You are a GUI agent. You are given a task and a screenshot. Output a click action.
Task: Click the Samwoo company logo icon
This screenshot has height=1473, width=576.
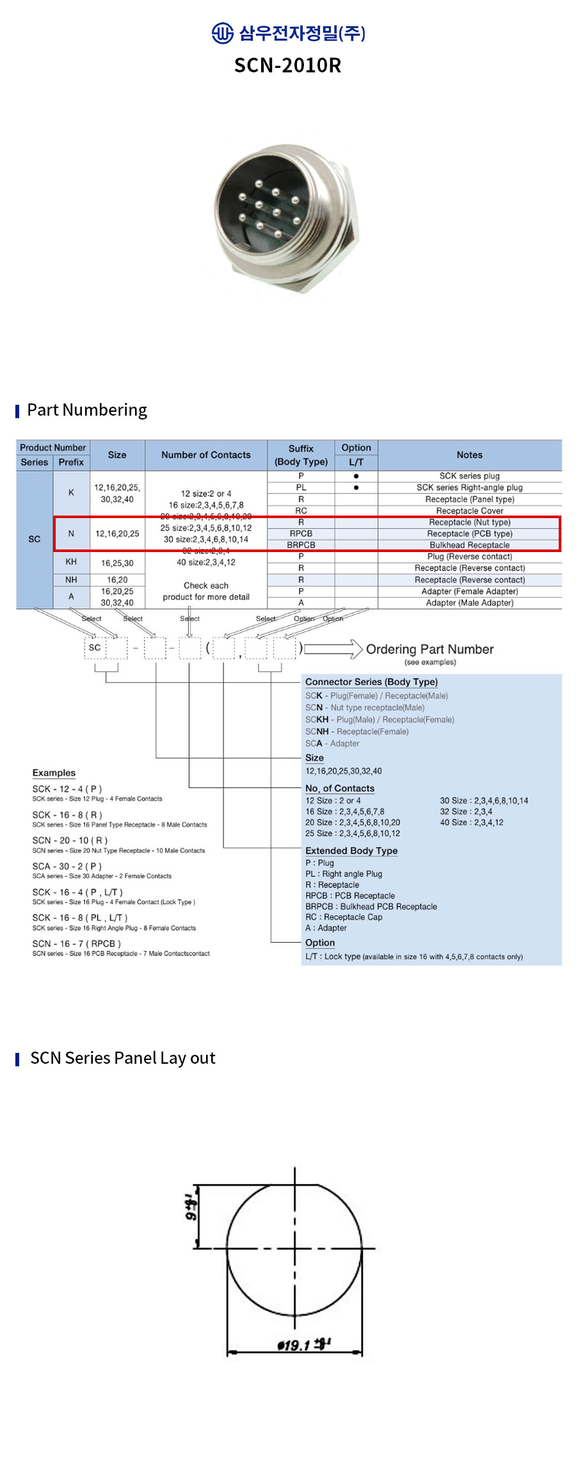tap(222, 33)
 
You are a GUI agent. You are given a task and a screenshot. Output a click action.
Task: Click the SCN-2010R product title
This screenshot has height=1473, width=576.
tap(287, 65)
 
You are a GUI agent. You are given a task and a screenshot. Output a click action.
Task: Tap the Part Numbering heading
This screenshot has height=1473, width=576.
tap(87, 410)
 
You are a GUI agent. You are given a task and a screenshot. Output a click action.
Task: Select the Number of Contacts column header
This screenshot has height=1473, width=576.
tap(205, 455)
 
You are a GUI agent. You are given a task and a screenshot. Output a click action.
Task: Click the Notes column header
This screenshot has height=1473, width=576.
tap(469, 455)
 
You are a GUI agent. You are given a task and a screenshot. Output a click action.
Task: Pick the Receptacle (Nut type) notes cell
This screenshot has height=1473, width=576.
tap(469, 522)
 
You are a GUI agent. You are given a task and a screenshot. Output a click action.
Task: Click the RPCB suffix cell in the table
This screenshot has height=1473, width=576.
tap(301, 533)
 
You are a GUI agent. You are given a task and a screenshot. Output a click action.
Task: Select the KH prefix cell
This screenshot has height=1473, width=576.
tap(71, 562)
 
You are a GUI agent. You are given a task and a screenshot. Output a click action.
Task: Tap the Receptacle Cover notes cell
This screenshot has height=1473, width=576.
tap(469, 510)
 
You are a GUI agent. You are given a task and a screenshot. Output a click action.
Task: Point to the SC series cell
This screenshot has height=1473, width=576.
tap(35, 539)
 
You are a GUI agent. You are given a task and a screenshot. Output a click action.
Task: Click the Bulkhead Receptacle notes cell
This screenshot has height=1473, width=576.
tap(469, 545)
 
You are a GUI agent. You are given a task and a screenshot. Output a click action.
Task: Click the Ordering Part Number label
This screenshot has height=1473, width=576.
tap(429, 649)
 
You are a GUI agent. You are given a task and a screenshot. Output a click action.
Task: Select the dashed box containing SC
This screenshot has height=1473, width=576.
tap(95, 647)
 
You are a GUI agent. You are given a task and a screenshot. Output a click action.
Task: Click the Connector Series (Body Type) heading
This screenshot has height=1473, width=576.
tap(371, 682)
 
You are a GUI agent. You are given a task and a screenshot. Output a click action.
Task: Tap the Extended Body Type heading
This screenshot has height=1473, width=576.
tap(351, 850)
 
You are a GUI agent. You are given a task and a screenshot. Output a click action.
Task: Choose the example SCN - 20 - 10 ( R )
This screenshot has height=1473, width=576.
tap(70, 840)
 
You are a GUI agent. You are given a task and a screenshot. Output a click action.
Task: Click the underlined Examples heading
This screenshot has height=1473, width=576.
tap(54, 773)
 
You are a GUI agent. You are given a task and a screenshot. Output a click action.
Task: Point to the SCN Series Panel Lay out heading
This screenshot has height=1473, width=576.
tap(123, 1058)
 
